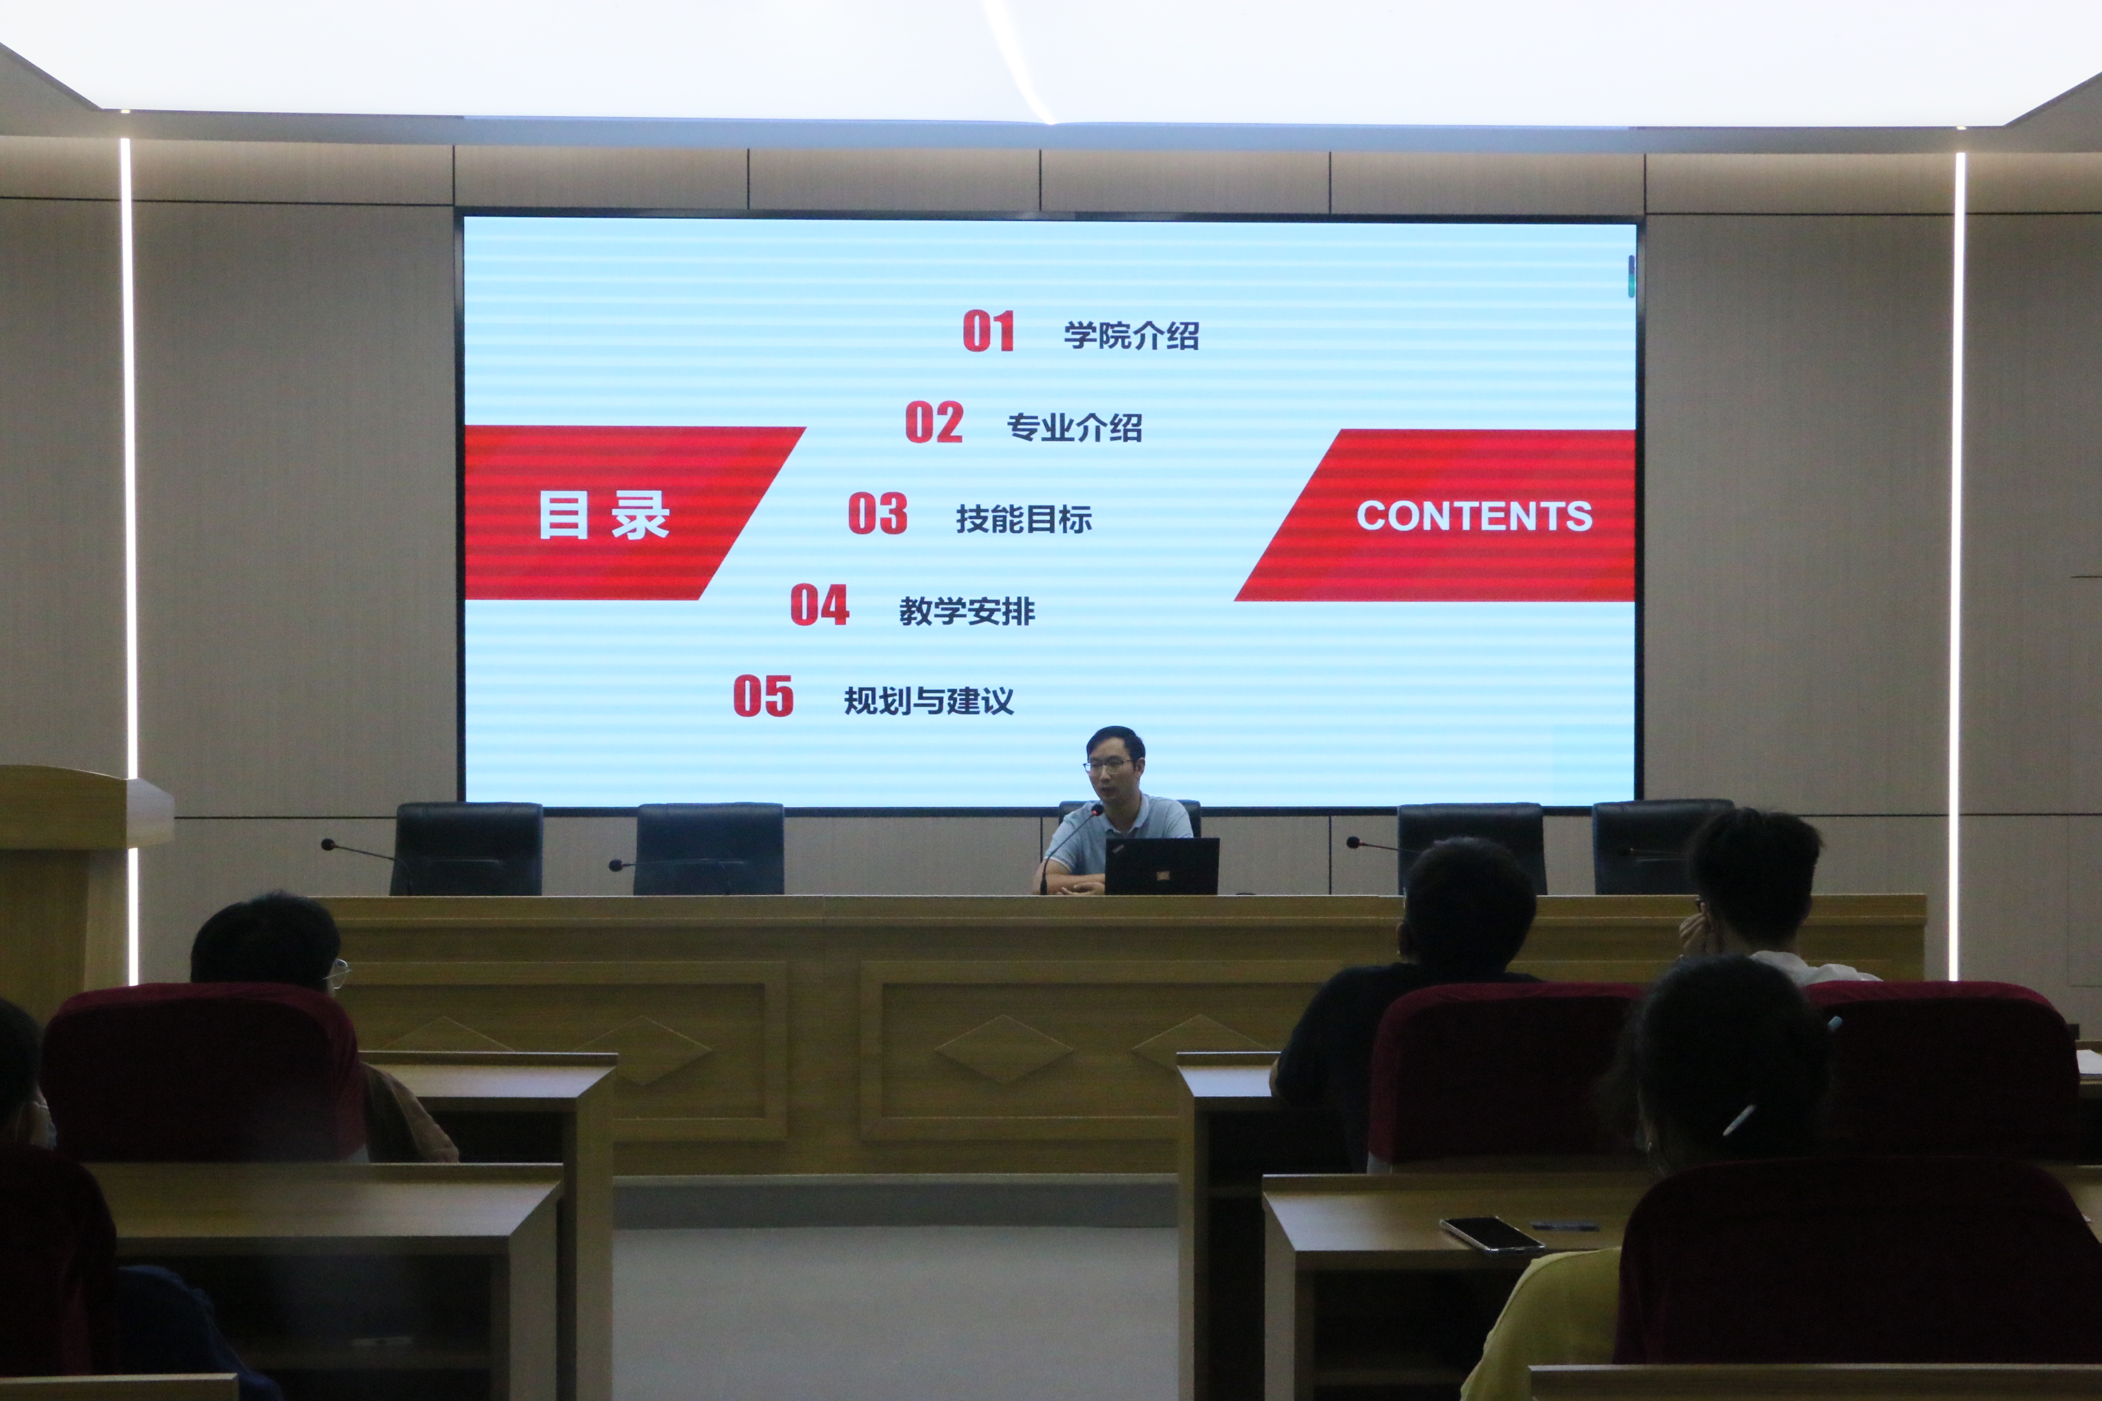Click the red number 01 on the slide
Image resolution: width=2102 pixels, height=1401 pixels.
988,331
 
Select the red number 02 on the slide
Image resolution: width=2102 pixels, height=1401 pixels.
934,423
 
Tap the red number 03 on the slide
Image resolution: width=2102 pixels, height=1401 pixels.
878,514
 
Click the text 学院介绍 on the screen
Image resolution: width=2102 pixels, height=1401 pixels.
1132,336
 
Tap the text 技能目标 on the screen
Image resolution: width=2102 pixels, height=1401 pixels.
1023,519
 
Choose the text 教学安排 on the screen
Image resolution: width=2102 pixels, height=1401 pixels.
967,611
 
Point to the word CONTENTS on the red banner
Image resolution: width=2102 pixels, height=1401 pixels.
1475,516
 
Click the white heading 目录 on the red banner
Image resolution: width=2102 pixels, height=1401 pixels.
604,516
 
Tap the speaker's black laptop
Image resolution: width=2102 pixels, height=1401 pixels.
1162,866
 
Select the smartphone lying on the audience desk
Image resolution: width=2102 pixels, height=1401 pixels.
1491,1234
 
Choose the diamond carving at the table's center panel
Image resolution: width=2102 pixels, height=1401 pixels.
1004,1049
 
